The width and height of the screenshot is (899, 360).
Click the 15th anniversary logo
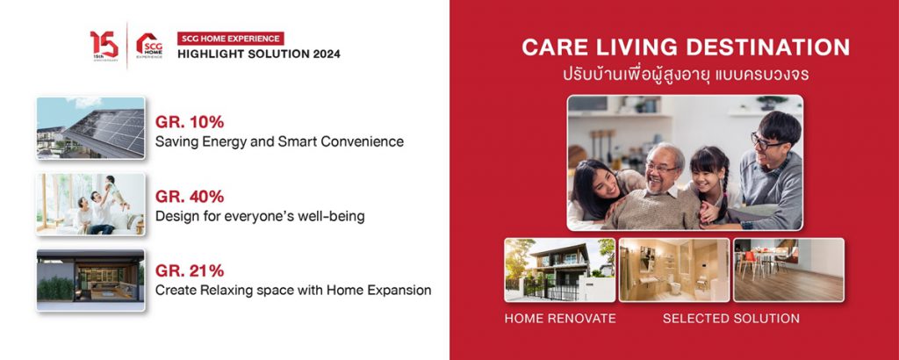pos(104,46)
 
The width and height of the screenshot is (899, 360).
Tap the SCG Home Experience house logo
pos(149,46)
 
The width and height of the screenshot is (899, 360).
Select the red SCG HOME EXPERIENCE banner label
pos(231,39)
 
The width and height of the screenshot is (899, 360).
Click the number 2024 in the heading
pos(323,54)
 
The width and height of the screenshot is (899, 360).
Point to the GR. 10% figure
pos(190,122)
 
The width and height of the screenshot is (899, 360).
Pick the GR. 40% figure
pos(190,197)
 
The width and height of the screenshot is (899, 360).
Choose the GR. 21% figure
pos(190,270)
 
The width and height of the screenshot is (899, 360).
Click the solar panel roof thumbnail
pos(90,128)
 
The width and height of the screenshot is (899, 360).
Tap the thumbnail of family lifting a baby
pos(90,204)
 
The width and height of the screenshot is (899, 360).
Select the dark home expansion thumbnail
pos(90,280)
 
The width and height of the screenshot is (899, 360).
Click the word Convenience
pos(369,141)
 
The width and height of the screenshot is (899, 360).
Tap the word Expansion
pos(403,291)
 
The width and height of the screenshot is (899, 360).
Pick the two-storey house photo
pos(559,270)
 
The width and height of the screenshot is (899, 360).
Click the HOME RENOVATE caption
pos(560,319)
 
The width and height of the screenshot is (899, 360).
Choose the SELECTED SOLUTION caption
pos(731,319)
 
